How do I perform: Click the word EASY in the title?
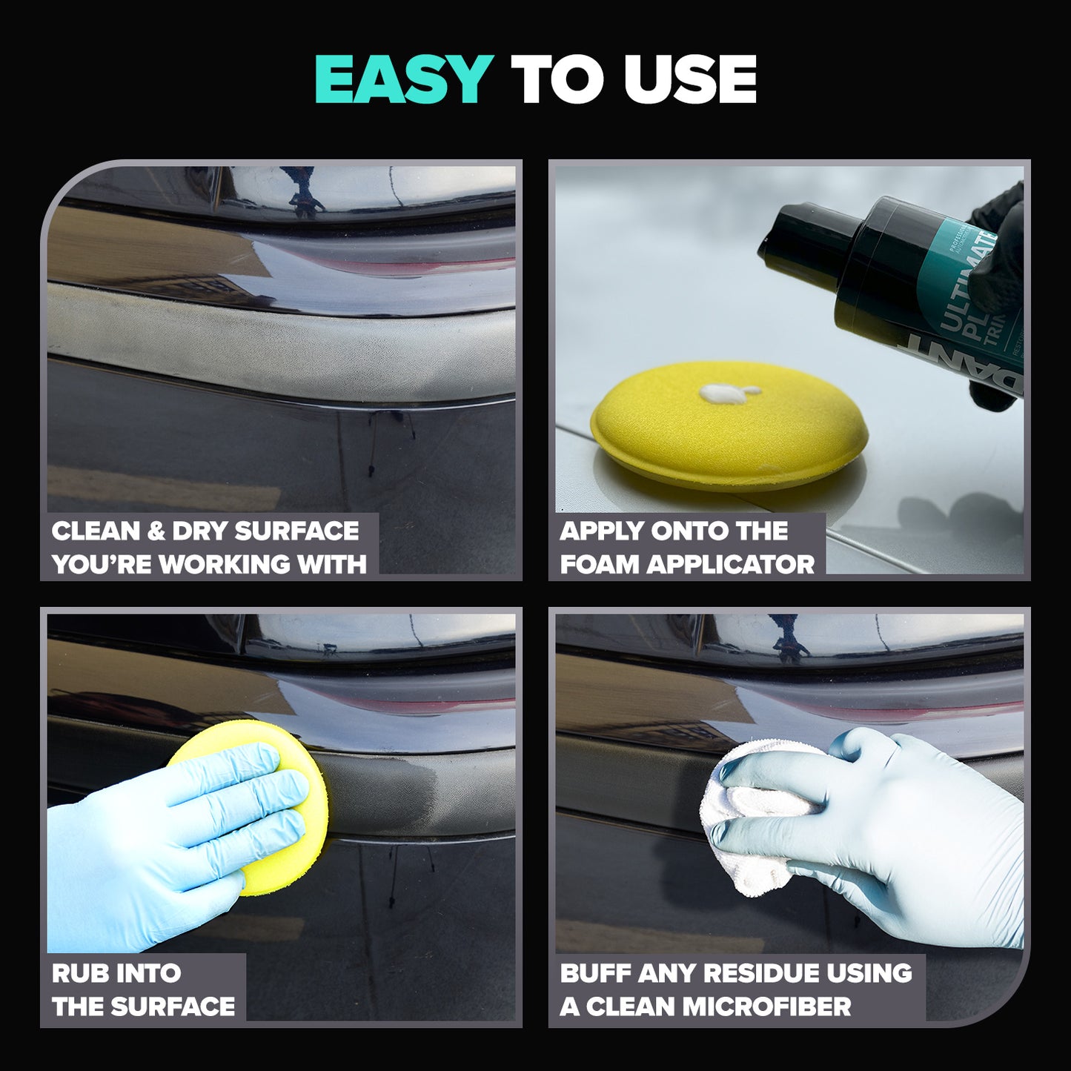(403, 79)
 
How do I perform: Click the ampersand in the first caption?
(156, 531)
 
